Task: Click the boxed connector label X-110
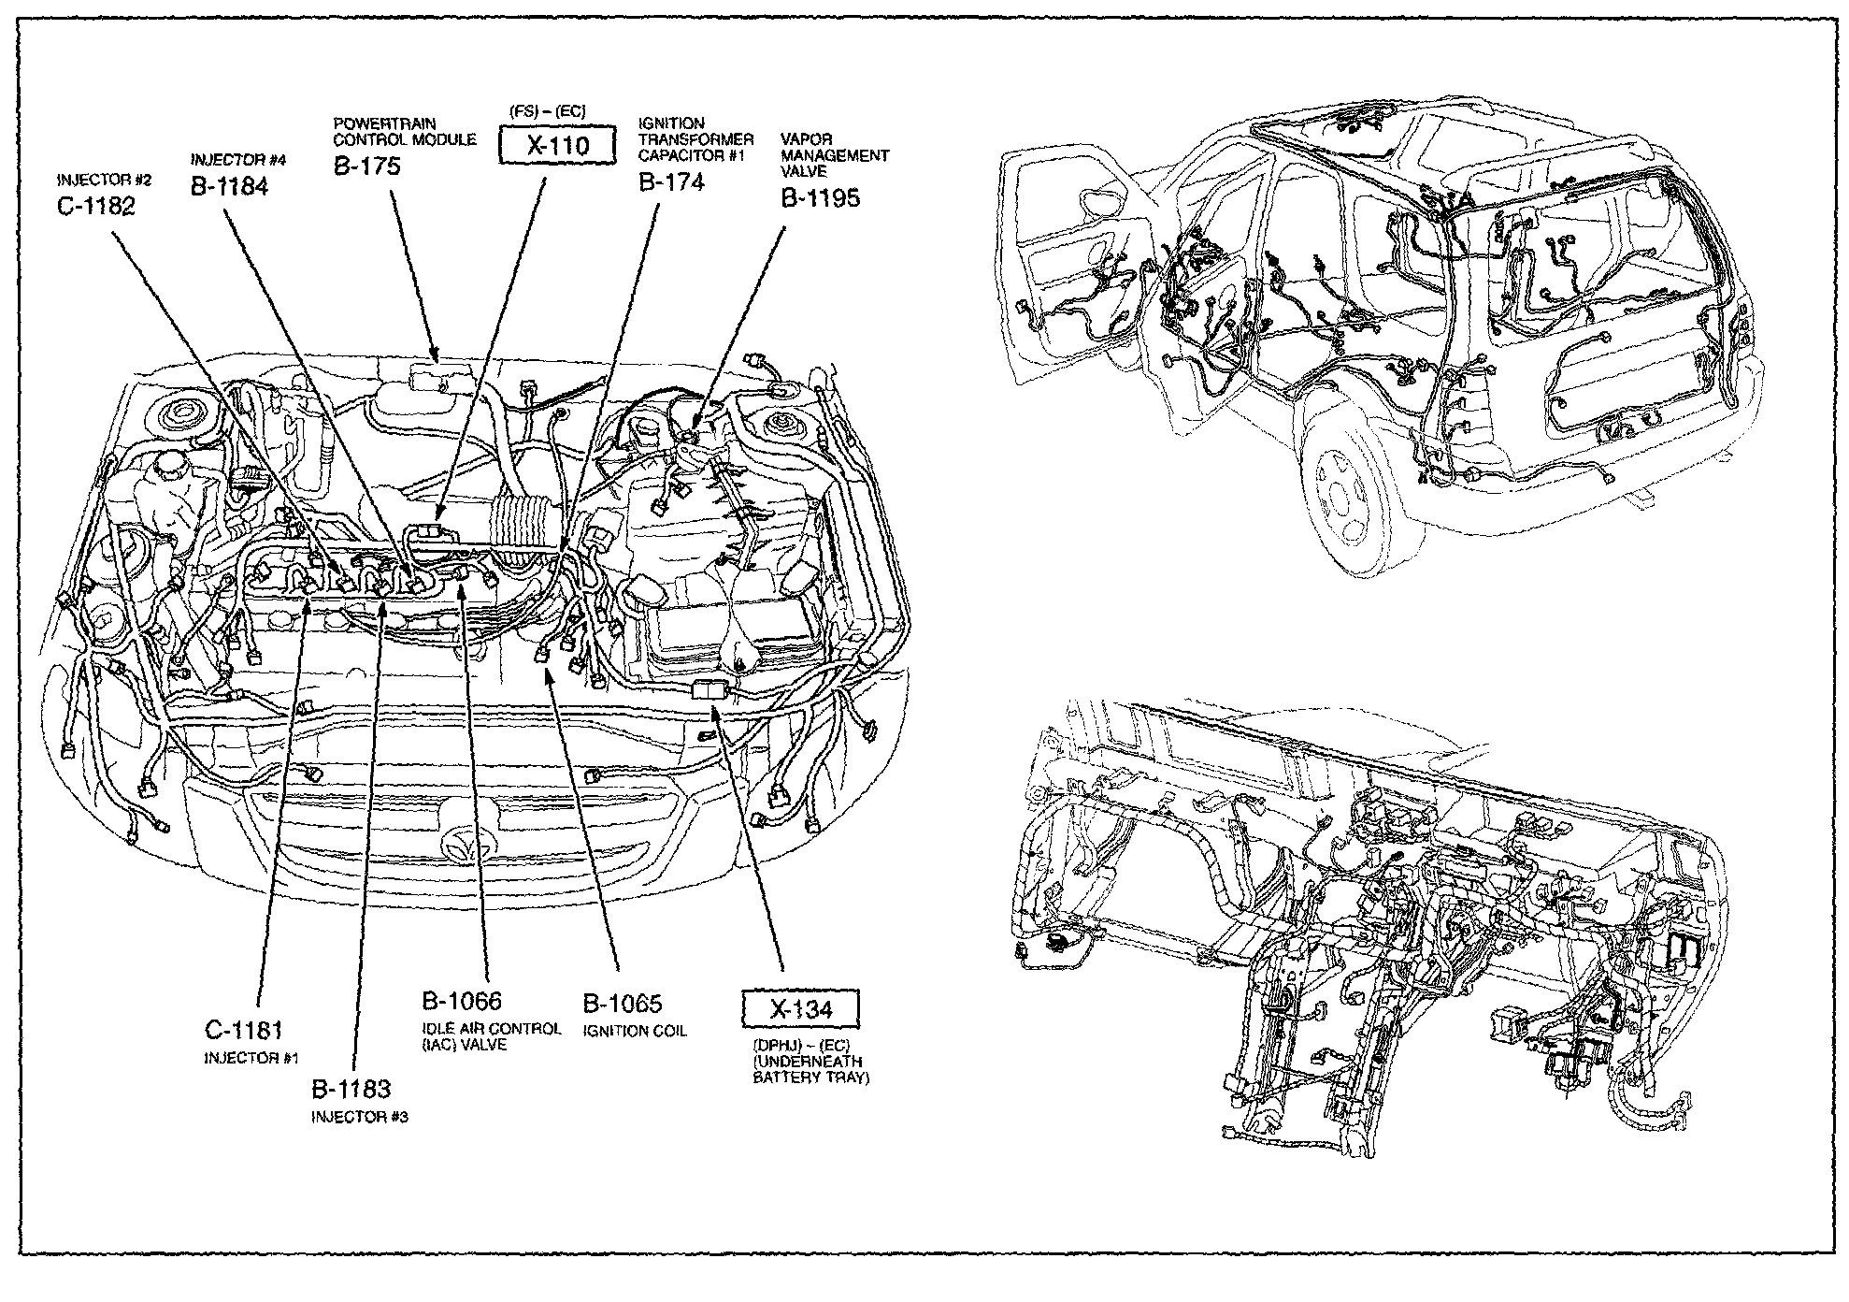pos(557,146)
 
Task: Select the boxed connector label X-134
pos(800,1009)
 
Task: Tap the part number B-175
pos(367,166)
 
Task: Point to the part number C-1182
pos(96,206)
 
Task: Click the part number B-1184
pos(230,186)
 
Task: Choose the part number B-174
pos(671,181)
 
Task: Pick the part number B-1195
pos(821,197)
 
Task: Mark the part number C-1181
pos(244,1031)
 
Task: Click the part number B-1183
pos(351,1089)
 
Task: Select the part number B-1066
pos(462,1002)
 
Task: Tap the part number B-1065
pos(623,1004)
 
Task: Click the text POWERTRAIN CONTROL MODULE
pos(405,132)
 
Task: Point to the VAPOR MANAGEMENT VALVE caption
pos(835,155)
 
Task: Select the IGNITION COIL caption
pos(635,1031)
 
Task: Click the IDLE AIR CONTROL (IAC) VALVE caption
pos(492,1036)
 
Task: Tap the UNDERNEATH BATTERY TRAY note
pos(811,1069)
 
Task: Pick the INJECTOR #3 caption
pos(360,1117)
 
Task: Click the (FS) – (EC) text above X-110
pos(549,112)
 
